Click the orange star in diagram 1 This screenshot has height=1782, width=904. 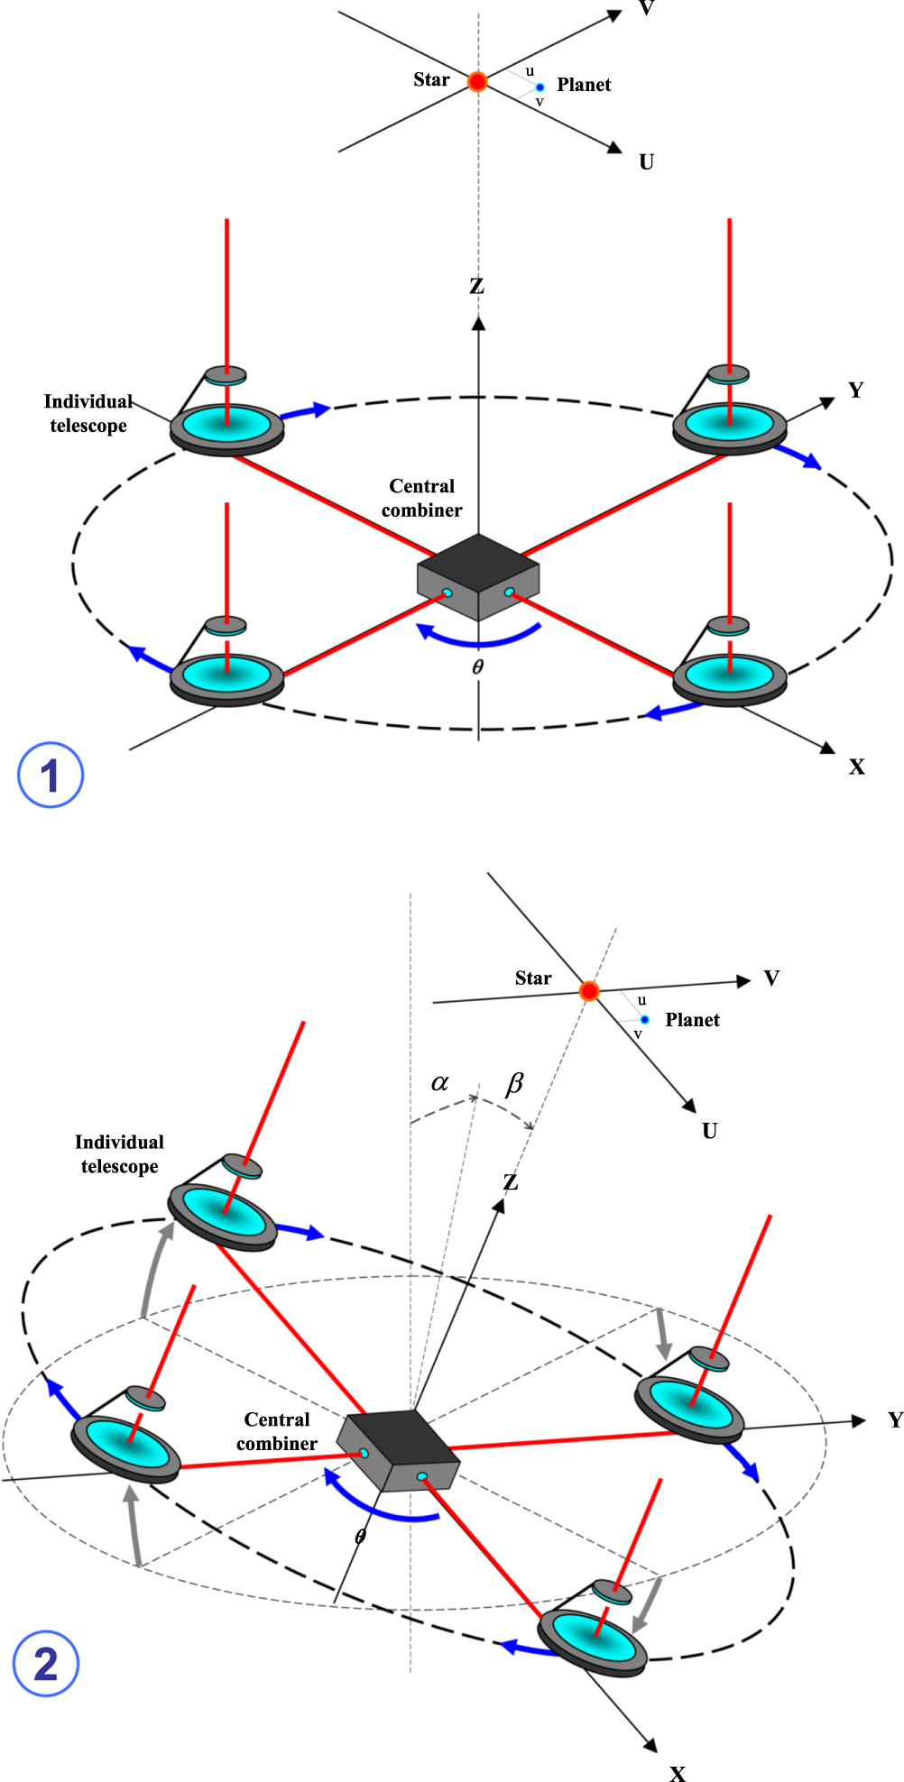click(477, 82)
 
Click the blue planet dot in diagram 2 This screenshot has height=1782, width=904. click(644, 1019)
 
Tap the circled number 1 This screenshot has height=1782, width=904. click(51, 775)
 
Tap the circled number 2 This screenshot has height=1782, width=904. click(46, 1664)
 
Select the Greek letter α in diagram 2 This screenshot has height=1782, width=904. click(439, 1082)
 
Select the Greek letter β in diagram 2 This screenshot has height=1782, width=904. click(514, 1082)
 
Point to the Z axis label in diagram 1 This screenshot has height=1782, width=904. click(477, 287)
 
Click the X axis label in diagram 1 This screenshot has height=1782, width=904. click(856, 767)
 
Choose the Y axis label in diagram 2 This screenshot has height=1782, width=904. click(894, 1420)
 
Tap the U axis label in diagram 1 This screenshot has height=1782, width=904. click(646, 162)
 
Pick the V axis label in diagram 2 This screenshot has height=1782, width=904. click(771, 978)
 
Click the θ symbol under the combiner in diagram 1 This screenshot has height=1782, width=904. click(477, 667)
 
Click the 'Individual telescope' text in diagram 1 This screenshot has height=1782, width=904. click(88, 413)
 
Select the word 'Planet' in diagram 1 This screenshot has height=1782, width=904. click(584, 85)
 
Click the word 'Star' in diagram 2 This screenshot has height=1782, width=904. click(533, 978)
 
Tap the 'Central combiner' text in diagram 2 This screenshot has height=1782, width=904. click(277, 1431)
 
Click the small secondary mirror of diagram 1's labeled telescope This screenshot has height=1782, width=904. click(226, 374)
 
